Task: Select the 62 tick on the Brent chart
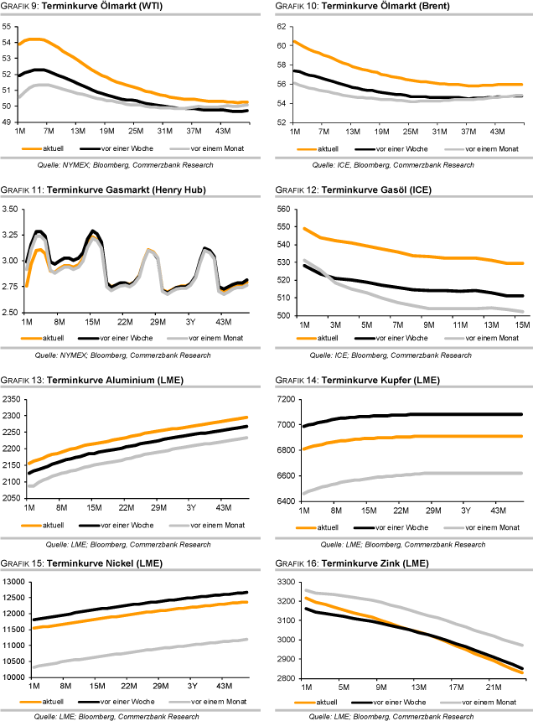(x=282, y=26)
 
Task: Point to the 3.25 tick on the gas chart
(x=12, y=234)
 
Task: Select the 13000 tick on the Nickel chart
(x=14, y=581)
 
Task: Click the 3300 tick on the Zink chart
(x=282, y=581)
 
